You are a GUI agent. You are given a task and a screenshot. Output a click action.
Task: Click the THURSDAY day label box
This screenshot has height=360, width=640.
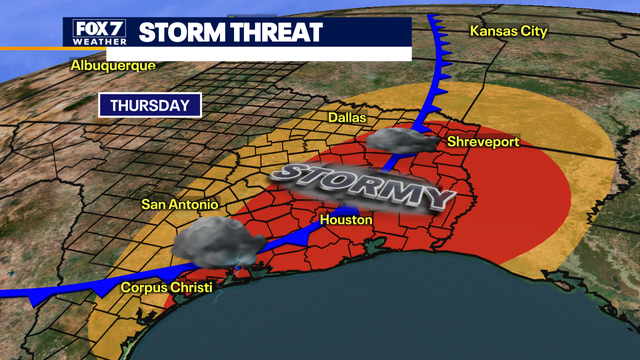(x=150, y=105)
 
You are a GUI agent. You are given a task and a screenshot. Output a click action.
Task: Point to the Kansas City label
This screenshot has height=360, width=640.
(x=509, y=31)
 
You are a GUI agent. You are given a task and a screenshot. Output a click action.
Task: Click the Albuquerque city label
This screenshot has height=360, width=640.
(x=112, y=66)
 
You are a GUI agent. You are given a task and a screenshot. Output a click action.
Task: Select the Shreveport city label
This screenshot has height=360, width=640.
(x=483, y=142)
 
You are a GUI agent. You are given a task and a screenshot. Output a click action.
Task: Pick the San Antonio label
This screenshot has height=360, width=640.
(x=179, y=205)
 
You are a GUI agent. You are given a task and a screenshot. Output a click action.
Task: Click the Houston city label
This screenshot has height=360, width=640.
(x=347, y=220)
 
